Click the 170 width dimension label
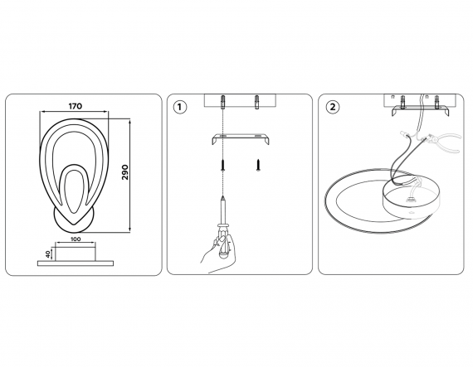[76, 106]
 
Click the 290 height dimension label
[125, 172]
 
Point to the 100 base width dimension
[76, 239]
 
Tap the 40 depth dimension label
[48, 254]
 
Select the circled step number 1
[180, 107]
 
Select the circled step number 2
[333, 107]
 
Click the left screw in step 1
[222, 165]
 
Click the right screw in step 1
[257, 165]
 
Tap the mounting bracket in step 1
[240, 139]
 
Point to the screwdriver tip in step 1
[222, 197]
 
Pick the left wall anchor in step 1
[222, 102]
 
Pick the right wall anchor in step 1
[257, 102]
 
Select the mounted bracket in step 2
[419, 111]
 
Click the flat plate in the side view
[76, 263]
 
